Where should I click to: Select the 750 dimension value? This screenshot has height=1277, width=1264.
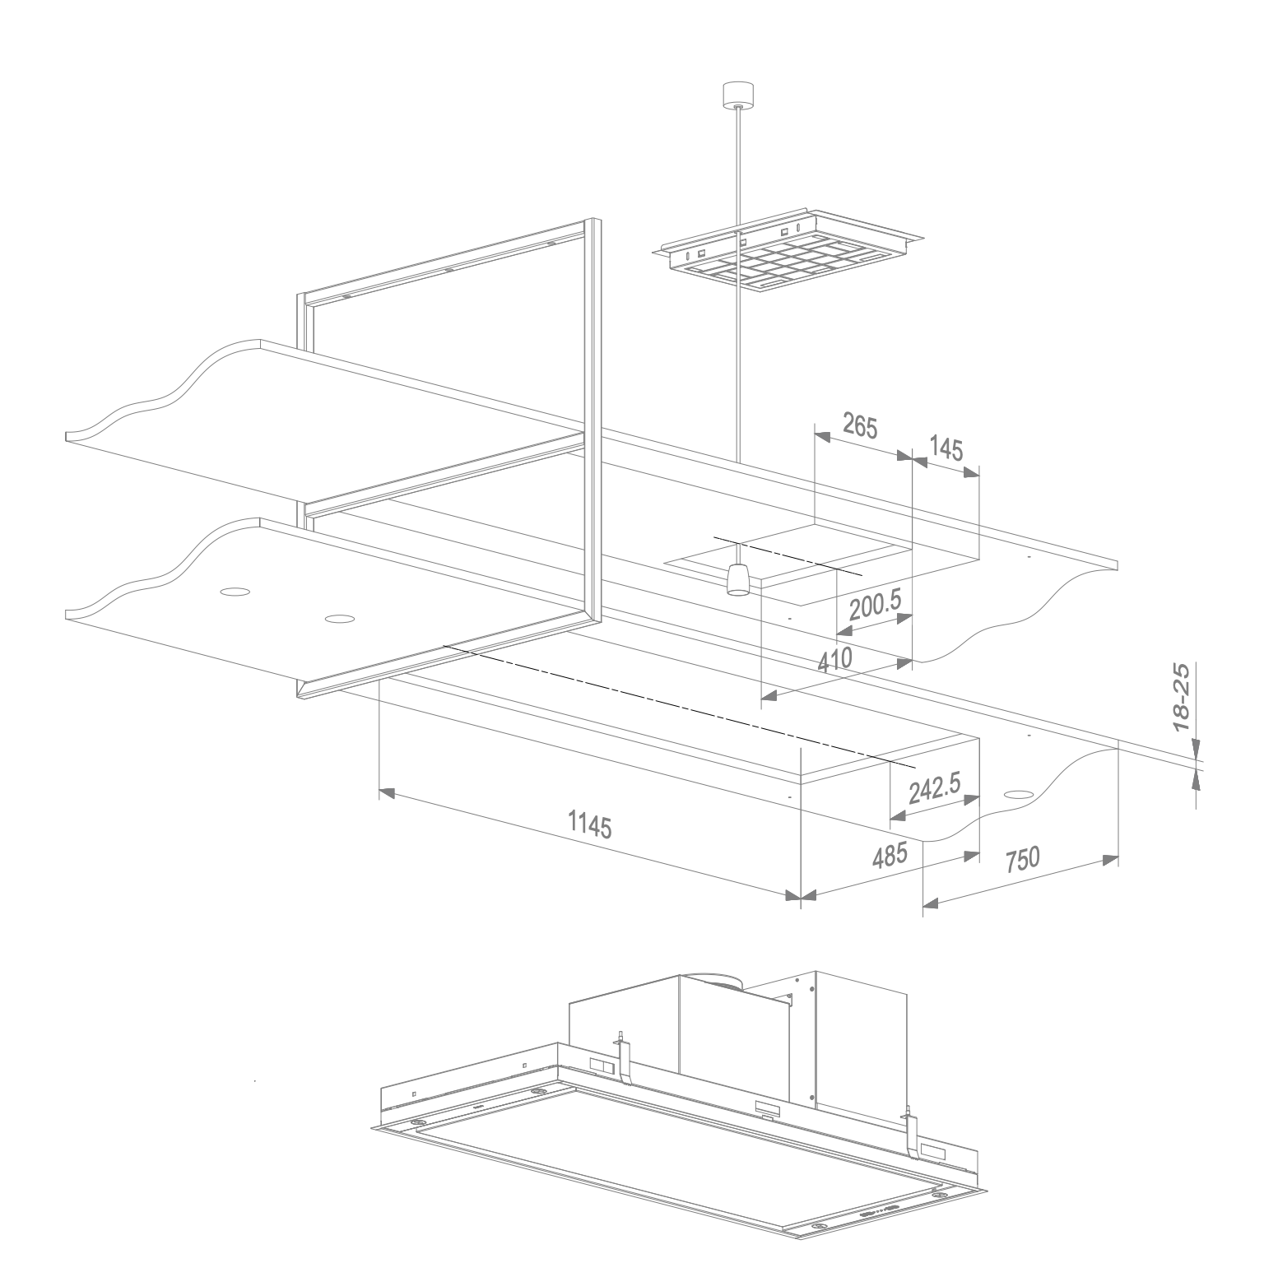[x=1022, y=860]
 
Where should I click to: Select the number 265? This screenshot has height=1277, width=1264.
[x=861, y=426]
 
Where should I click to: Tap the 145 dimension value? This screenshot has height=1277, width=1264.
[x=946, y=448]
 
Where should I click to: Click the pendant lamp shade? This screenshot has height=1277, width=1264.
[x=738, y=580]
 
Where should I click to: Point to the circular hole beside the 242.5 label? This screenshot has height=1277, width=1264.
[x=1018, y=795]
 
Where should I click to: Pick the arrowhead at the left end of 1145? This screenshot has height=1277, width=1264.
[x=386, y=792]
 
